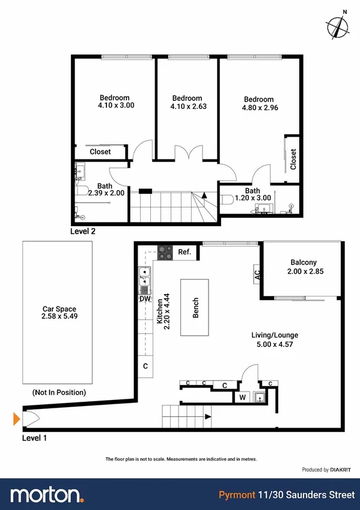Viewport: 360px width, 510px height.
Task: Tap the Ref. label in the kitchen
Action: pos(185,253)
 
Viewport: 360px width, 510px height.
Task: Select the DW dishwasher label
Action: pos(144,298)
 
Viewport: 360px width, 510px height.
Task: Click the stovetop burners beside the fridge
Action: pos(165,253)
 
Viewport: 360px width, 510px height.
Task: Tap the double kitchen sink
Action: pos(144,278)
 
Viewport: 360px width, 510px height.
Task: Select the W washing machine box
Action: pos(243,398)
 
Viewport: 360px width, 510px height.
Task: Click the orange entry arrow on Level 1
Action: pos(16,418)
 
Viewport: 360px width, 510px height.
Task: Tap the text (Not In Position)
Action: pos(58,392)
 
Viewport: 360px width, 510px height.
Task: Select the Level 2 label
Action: pos(84,230)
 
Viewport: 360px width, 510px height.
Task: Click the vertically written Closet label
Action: pos(293,159)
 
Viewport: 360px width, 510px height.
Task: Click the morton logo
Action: pos(47,494)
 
